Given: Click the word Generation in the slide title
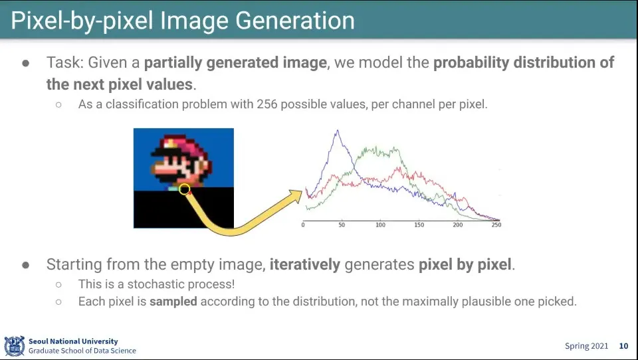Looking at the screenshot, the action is point(295,21).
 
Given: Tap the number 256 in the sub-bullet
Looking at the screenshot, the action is point(266,104).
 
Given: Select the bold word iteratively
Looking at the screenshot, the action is point(305,264).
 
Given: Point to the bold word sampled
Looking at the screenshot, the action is point(173,302).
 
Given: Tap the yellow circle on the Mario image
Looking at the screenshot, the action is point(184,189).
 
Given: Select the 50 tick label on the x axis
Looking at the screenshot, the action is point(342,225).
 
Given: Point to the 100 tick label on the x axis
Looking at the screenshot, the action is point(380,225).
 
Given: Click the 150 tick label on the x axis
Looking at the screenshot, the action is point(419,225).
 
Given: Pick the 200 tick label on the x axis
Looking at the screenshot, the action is point(458,225).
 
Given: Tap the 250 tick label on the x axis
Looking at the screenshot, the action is point(496,225).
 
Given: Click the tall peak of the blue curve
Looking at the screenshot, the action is point(338,131).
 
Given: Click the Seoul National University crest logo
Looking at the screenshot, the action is point(15,346).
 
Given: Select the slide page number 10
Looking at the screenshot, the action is point(623,346).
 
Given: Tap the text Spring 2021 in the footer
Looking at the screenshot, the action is point(586,346).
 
